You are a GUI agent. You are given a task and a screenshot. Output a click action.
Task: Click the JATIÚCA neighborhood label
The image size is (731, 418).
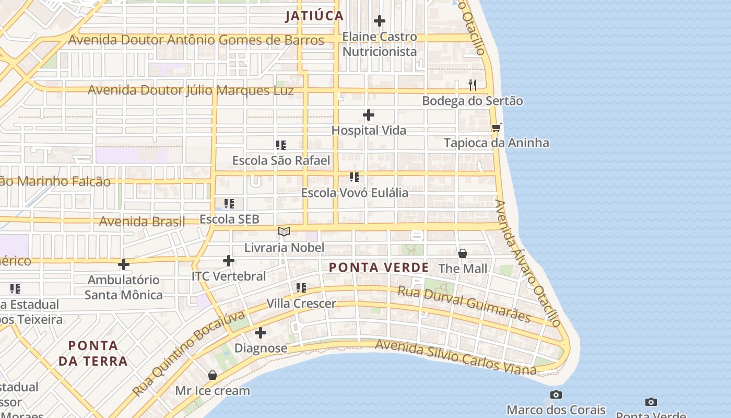point(314,16)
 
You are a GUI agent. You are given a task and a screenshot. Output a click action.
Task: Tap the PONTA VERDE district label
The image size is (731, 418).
point(379,268)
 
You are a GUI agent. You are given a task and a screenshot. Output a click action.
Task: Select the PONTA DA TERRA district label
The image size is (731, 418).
point(93,353)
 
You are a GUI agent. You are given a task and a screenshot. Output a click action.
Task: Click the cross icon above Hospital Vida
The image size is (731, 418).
point(369,115)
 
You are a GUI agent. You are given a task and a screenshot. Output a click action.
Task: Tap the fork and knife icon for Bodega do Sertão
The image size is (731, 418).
point(473,85)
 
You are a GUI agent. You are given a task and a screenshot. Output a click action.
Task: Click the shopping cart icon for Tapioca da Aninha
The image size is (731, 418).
point(496,127)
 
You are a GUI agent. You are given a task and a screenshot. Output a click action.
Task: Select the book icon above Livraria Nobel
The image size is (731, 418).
point(284,231)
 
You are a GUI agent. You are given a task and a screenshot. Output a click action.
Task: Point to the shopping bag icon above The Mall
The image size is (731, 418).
point(463,253)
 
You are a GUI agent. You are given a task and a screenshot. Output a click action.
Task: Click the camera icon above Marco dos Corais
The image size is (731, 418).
point(556,394)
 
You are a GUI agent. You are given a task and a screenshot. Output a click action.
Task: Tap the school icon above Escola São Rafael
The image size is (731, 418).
point(281,145)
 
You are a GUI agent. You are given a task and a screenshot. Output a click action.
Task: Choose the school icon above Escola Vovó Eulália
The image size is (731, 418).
point(355,177)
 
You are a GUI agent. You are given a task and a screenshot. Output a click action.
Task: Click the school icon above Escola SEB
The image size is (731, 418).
point(229,203)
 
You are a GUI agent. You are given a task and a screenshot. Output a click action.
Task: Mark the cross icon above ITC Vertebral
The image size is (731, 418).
point(229,261)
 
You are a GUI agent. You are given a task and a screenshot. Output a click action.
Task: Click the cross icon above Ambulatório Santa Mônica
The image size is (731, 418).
point(124,264)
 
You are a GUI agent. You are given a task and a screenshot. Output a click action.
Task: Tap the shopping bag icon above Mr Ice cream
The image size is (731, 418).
point(213,375)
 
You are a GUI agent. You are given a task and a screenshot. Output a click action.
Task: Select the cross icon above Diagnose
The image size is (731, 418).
point(261,333)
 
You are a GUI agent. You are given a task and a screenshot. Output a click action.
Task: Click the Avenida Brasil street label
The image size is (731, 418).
point(142,222)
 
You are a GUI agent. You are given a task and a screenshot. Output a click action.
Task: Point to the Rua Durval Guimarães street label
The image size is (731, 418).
point(464,304)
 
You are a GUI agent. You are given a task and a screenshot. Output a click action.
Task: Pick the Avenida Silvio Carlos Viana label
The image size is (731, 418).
point(455,357)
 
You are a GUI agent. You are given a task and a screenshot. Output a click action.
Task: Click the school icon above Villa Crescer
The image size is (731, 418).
point(301,287)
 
